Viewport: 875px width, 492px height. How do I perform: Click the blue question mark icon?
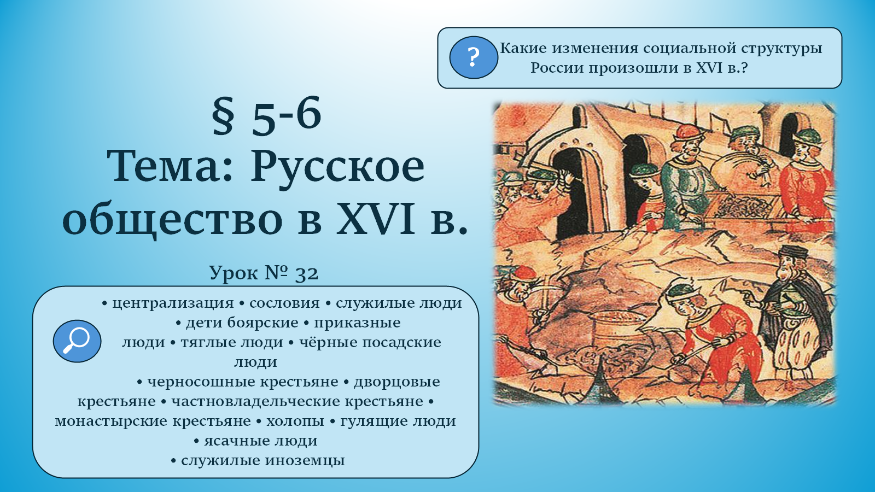(x=474, y=57)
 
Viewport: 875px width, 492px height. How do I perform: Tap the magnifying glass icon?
(x=77, y=341)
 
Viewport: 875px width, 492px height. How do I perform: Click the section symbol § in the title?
(x=224, y=115)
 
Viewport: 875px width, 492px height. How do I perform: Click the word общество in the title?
(x=172, y=221)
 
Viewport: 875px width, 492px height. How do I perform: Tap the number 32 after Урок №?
(x=307, y=274)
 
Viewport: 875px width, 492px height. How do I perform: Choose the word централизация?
(x=173, y=303)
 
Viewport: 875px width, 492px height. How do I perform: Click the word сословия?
(x=284, y=303)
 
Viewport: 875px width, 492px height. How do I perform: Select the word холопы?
(x=295, y=421)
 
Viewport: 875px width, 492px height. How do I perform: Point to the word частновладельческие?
(x=297, y=401)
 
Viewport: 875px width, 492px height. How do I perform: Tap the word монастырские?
(x=153, y=421)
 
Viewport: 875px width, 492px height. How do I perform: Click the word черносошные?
(x=243, y=382)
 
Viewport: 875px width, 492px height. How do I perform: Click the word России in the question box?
(x=557, y=68)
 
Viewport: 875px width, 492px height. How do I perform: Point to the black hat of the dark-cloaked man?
(x=794, y=252)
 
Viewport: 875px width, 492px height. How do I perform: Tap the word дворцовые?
(x=397, y=382)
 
